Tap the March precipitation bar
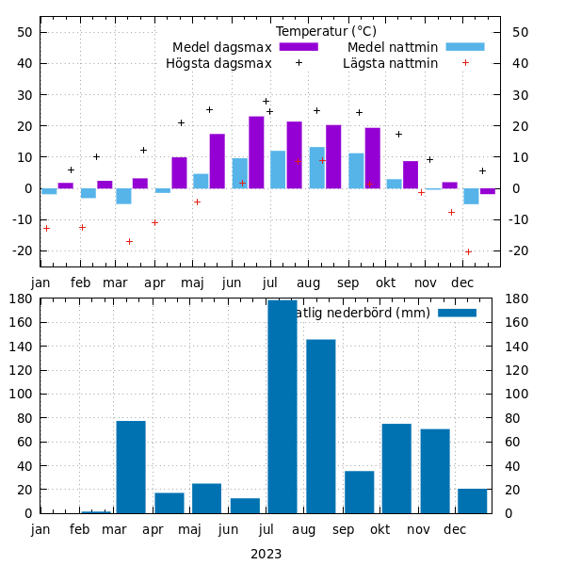click(x=131, y=467)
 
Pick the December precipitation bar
click(x=473, y=501)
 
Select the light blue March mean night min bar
click(x=123, y=196)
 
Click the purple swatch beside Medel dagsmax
click(x=299, y=47)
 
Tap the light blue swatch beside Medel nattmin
click(x=464, y=47)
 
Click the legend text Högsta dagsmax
click(x=218, y=64)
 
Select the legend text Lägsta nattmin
click(x=390, y=64)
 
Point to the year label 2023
click(x=266, y=554)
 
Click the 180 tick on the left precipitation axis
click(x=22, y=299)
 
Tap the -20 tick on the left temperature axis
click(x=22, y=250)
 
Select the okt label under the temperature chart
click(x=385, y=282)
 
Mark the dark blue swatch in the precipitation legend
click(x=457, y=313)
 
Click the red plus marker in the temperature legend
click(x=465, y=63)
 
